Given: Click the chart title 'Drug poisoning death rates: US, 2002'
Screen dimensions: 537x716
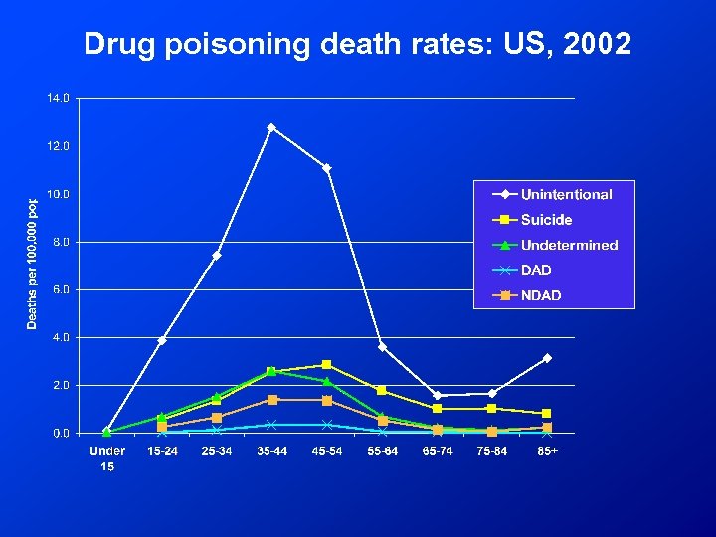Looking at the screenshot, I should (357, 44).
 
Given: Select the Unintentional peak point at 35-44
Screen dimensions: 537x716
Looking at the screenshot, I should (271, 127).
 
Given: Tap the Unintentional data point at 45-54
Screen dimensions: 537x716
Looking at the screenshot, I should (326, 168).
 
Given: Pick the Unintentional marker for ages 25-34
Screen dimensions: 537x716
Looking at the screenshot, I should (217, 256).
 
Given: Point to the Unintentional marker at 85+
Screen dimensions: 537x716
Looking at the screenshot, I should (547, 358).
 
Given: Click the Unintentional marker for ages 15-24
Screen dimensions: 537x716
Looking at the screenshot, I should (162, 340).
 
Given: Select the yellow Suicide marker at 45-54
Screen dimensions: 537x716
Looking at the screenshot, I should (326, 365).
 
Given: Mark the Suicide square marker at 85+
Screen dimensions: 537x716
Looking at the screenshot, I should (547, 413).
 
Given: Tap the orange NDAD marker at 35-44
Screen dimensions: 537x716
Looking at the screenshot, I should (271, 399).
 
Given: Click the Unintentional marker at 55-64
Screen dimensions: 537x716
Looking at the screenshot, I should (382, 347).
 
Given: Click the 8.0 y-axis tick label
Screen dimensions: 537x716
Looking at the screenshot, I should (60, 242).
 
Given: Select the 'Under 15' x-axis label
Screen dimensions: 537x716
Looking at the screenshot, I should (107, 458).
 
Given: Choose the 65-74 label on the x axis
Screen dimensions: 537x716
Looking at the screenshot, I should (437, 451).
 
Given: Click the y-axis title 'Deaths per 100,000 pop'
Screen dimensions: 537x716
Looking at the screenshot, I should (32, 263).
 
